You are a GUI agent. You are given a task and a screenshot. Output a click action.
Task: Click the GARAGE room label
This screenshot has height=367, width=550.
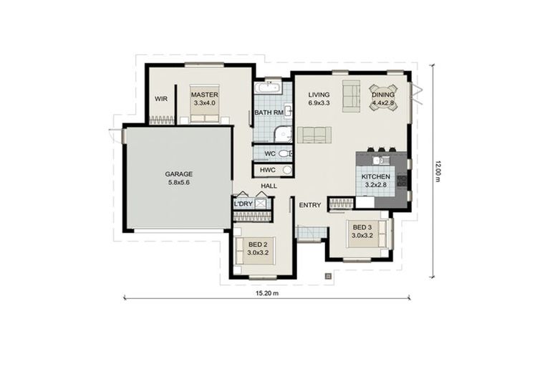coord(178,173)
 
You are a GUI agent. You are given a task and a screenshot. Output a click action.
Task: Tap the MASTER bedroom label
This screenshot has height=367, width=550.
coord(204,95)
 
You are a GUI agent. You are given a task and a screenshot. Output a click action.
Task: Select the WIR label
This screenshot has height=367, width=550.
coord(161,99)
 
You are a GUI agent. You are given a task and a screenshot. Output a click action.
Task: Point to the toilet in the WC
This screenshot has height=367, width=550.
coord(284,153)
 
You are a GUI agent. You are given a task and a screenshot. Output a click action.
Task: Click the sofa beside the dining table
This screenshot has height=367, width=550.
coord(351,95)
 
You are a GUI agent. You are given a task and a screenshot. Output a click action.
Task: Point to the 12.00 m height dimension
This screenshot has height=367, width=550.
coord(437,170)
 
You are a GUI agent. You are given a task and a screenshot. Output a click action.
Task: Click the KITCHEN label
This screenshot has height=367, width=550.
coord(375,176)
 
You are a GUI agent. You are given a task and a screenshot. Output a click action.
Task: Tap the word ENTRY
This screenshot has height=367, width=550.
coord(310,205)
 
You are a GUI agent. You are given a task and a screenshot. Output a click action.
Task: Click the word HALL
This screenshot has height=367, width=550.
coord(269,186)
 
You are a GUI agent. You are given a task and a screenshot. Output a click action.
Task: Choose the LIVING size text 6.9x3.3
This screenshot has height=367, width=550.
coord(319,104)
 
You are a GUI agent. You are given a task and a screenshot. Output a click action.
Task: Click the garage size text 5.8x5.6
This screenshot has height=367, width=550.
coord(178,182)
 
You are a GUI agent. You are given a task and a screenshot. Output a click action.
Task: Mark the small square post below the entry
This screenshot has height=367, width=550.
coord(328,275)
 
